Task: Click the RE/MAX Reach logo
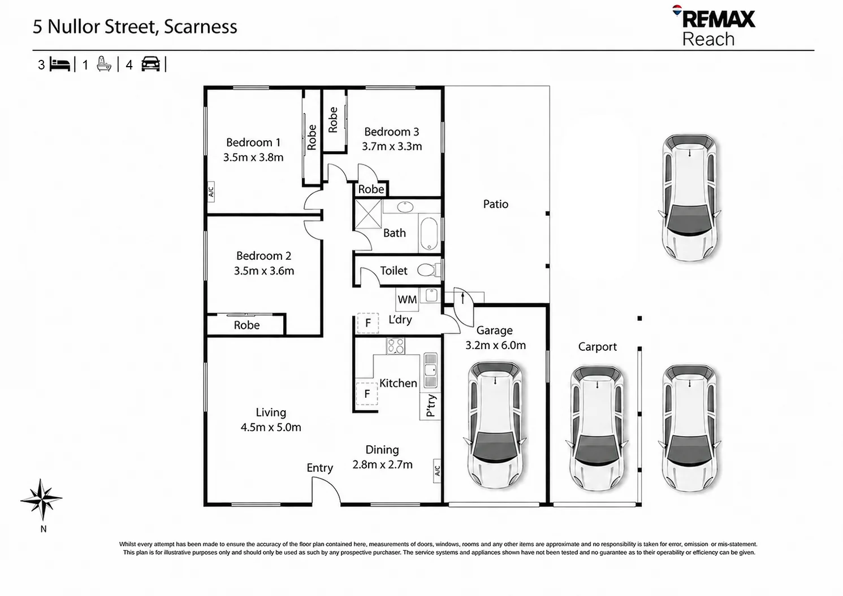pos(714,26)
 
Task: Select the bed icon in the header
pos(60,64)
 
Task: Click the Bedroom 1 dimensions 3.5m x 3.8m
pos(253,157)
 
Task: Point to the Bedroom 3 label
pos(391,132)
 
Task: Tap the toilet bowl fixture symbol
pos(429,270)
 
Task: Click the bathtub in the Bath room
pos(429,233)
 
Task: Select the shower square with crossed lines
pos(368,214)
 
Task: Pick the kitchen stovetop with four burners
pos(396,346)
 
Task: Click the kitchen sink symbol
pos(430,370)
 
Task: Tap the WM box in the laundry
pos(407,299)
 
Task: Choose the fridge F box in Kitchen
pos(367,394)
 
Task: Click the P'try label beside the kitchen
pos(430,406)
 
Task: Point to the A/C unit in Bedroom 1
pos(211,192)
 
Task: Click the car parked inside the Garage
pos(495,425)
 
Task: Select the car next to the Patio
pos(689,197)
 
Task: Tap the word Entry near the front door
pos(320,468)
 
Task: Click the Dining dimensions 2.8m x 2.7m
pos(382,464)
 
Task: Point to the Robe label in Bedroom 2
pos(247,325)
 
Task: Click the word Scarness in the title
pos(201,27)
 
